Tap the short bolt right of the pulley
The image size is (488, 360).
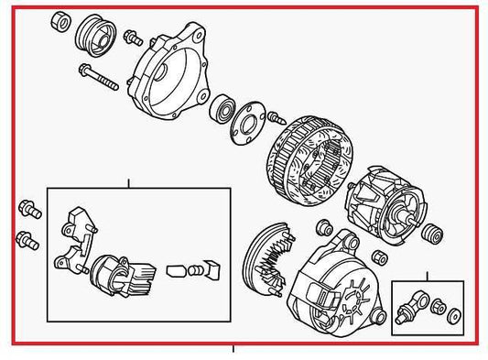[132, 38]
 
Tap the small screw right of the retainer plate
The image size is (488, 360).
[277, 116]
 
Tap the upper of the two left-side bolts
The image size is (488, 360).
[27, 210]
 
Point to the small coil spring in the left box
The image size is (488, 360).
[179, 272]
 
